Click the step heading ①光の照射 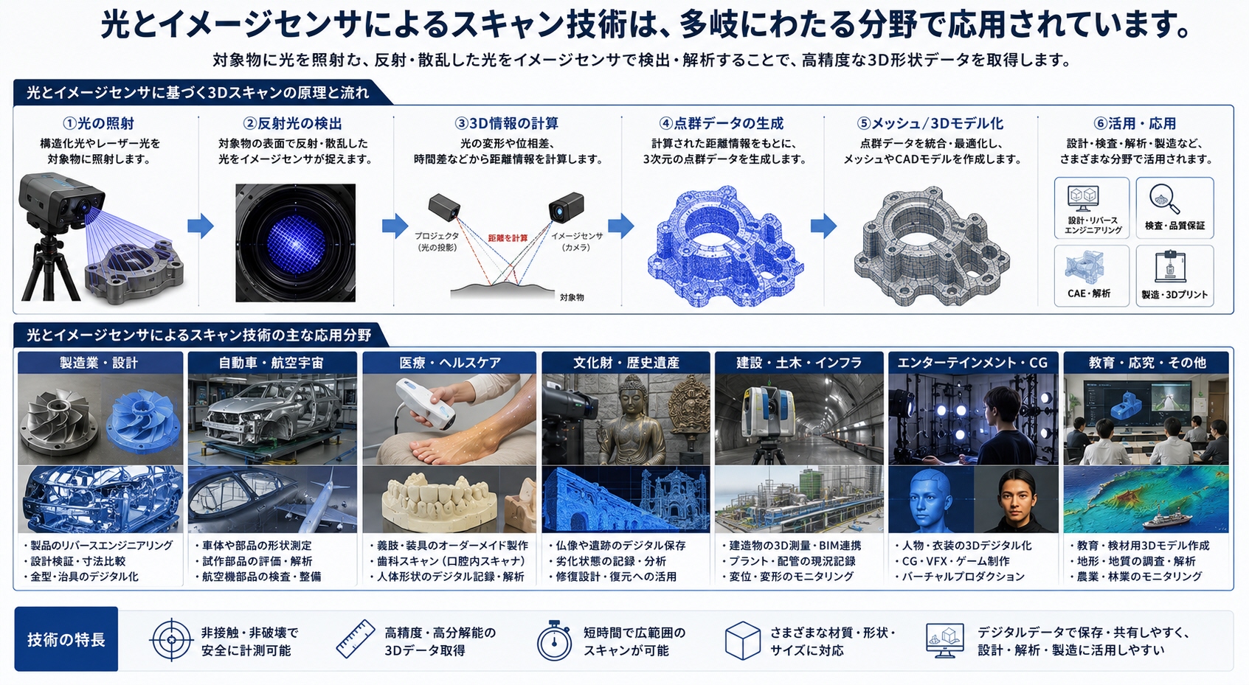tap(98, 123)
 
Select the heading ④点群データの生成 tap(721, 123)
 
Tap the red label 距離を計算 tap(508, 238)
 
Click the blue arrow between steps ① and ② tap(200, 226)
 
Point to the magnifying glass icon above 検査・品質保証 tap(1164, 199)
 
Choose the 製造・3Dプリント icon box tap(1174, 275)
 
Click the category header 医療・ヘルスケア tap(449, 363)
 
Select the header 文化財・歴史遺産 tap(626, 363)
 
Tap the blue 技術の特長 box tap(66, 639)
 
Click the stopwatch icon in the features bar tap(554, 641)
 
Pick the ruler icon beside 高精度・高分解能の tap(356, 639)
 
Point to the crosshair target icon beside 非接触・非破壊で tap(172, 640)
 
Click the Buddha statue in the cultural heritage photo tap(632, 421)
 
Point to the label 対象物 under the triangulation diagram tap(572, 298)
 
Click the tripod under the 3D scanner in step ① tap(52, 268)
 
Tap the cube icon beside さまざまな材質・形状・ tap(743, 641)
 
